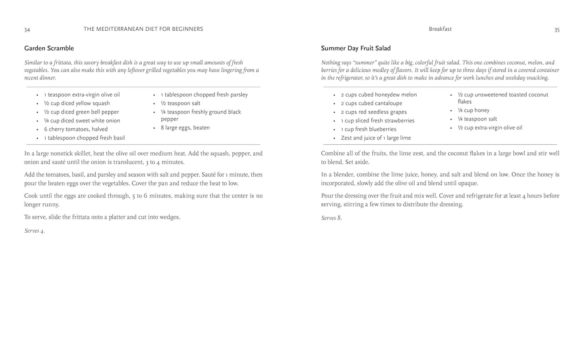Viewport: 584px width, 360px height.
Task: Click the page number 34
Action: point(27,30)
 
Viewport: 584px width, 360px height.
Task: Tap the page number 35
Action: point(557,30)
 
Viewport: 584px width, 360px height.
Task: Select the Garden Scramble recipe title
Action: point(49,48)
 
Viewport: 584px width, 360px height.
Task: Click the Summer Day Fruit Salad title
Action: point(356,48)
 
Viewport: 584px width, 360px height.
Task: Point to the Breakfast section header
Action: point(440,29)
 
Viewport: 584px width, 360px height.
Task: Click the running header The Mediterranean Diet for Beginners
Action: point(143,29)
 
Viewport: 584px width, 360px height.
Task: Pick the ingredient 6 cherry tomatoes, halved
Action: point(76,129)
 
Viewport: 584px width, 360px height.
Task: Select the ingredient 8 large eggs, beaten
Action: point(185,128)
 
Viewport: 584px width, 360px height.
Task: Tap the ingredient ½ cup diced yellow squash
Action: point(77,103)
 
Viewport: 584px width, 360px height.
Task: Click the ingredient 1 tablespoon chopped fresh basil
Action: point(84,138)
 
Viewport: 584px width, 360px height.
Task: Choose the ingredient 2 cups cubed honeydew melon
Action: point(379,95)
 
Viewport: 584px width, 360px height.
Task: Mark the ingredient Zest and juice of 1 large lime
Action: point(376,138)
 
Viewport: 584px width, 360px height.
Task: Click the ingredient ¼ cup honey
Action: point(473,110)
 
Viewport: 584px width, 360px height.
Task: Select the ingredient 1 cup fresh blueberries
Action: point(369,129)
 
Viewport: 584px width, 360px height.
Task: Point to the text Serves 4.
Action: point(34,231)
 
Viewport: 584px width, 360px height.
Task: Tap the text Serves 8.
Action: point(331,218)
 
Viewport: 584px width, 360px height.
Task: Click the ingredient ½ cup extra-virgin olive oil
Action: point(490,128)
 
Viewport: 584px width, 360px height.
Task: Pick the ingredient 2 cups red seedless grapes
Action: point(374,112)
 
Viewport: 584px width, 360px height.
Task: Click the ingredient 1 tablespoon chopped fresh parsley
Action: point(204,95)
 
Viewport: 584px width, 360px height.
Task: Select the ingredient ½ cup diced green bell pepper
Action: point(82,112)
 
